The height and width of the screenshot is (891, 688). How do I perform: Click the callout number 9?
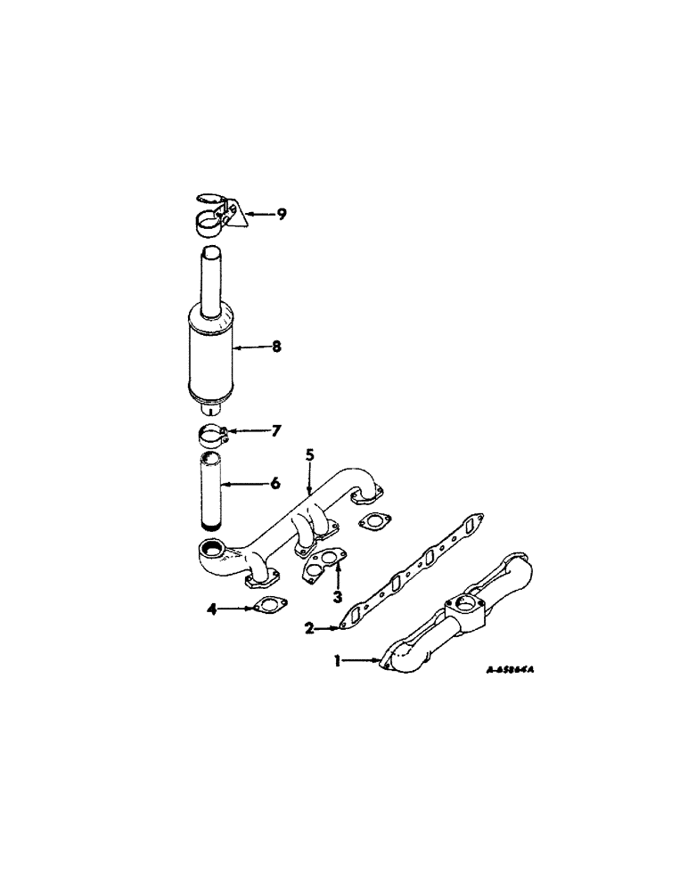coord(281,214)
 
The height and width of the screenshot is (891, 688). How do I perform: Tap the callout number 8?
coord(276,347)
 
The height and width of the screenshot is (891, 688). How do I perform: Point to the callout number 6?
coord(275,483)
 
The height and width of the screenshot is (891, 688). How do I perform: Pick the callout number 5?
coord(309,454)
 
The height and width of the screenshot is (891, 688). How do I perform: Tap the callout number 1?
coord(338,660)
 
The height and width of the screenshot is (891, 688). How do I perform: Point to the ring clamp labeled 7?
coord(212,436)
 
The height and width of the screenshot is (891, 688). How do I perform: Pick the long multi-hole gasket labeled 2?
coord(410,570)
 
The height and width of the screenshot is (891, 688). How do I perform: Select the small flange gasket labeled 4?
coord(265,608)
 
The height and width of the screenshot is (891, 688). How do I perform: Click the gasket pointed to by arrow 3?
coord(323,562)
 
